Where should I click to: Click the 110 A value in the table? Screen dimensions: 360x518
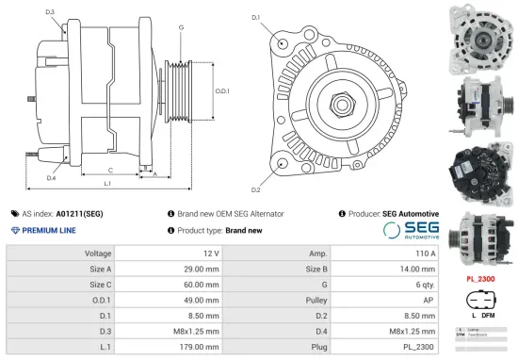[426, 254]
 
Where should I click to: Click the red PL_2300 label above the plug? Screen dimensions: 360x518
[481, 280]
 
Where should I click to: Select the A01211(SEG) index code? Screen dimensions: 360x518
[80, 214]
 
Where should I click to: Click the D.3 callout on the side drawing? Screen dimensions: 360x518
[49, 12]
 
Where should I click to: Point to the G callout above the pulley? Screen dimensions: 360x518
[180, 27]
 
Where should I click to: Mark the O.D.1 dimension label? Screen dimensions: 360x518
[222, 91]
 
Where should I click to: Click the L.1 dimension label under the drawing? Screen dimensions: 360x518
[107, 183]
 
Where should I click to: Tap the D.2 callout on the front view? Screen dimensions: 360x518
[256, 165]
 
